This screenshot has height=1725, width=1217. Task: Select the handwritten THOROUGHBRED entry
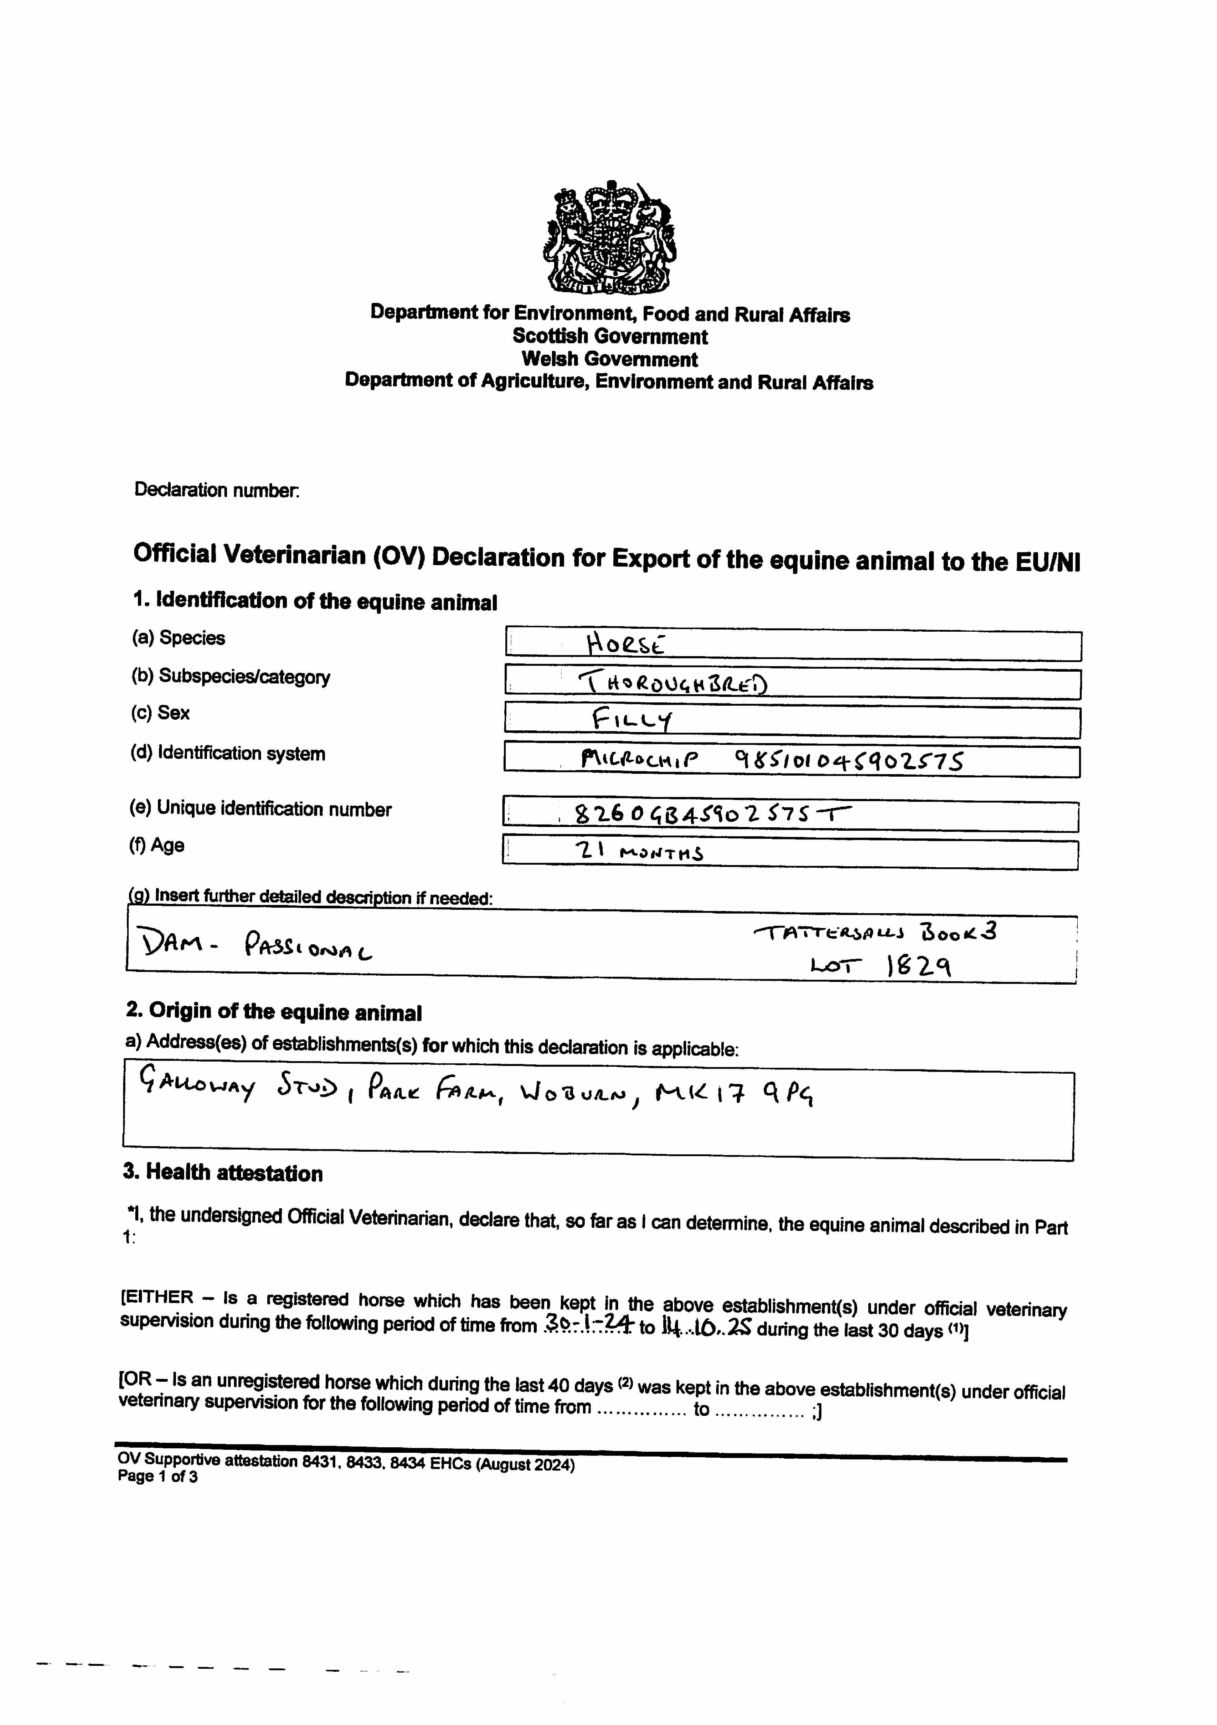coord(673,682)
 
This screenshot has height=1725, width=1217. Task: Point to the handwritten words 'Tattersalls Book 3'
coord(875,933)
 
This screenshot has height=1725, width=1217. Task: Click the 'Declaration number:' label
coord(217,490)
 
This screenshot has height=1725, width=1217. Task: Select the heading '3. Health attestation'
coord(223,1174)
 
